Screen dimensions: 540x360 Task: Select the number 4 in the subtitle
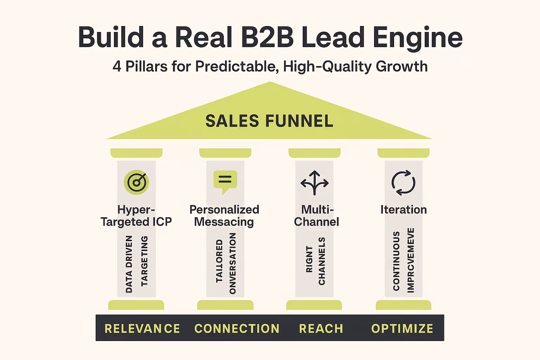117,66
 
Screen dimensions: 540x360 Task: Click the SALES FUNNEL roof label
269,121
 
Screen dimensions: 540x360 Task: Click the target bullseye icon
136,182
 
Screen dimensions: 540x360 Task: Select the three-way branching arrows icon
314,183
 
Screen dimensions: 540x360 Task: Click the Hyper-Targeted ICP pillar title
136,216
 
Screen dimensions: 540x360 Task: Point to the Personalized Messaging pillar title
224,216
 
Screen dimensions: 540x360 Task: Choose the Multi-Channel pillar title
316,216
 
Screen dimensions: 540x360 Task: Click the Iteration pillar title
403,210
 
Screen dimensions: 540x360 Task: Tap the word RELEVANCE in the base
142,328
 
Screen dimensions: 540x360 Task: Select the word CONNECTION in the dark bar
237,328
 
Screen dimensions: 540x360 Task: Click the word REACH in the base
321,328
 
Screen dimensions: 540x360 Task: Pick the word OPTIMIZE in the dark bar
402,328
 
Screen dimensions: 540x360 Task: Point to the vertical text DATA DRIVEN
129,264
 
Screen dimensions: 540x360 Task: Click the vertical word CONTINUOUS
397,261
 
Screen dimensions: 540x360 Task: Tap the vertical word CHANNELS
322,261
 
